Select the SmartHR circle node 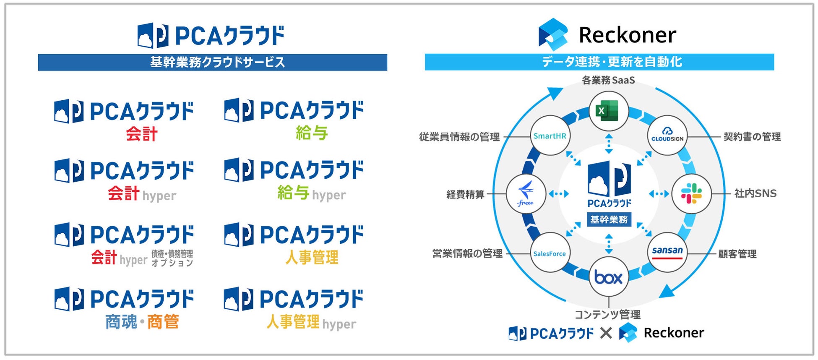click(x=550, y=136)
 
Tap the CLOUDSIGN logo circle click(x=667, y=136)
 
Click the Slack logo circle click(x=691, y=194)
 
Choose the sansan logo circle click(x=667, y=253)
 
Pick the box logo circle click(x=609, y=277)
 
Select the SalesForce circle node click(x=550, y=253)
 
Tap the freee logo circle click(x=526, y=194)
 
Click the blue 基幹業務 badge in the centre click(x=609, y=219)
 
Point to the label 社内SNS click(x=755, y=193)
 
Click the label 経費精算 click(x=465, y=194)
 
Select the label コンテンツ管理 click(x=607, y=314)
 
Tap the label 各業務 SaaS click(x=608, y=80)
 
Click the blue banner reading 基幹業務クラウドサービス click(x=213, y=62)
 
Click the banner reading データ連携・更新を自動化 click(x=599, y=62)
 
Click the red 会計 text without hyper click(x=142, y=134)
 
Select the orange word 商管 click(x=163, y=322)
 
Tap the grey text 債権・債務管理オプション click(x=172, y=258)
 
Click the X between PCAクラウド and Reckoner click(x=606, y=333)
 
